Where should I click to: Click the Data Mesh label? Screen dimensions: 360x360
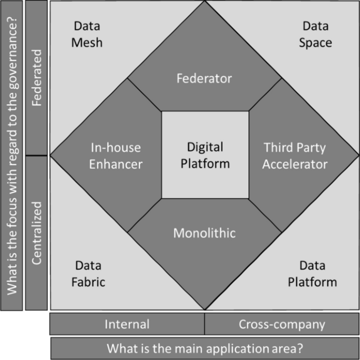click(87, 34)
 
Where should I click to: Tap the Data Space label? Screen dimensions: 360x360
click(315, 34)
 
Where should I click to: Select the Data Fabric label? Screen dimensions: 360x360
click(88, 274)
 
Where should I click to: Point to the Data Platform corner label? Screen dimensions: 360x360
click(312, 274)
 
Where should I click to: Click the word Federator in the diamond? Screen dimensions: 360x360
click(204, 79)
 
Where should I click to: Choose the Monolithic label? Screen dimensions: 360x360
click(204, 232)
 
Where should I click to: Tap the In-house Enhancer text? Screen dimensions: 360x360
click(116, 156)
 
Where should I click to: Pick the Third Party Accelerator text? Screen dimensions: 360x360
click(295, 156)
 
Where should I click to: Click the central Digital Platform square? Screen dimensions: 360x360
click(205, 155)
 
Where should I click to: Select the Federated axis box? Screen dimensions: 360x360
click(36, 78)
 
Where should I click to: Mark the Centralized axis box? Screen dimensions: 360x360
click(36, 233)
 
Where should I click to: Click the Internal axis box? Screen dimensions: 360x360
click(127, 324)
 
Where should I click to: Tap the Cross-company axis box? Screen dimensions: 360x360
click(282, 324)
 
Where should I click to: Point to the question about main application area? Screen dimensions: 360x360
click(205, 348)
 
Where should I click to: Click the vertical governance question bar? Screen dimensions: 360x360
click(12, 155)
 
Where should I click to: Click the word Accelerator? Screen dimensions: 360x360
click(295, 164)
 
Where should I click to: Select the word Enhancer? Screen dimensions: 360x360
click(116, 164)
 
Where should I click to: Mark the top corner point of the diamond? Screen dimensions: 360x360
click(205, 2)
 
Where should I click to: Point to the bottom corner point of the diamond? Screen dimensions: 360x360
click(205, 310)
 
